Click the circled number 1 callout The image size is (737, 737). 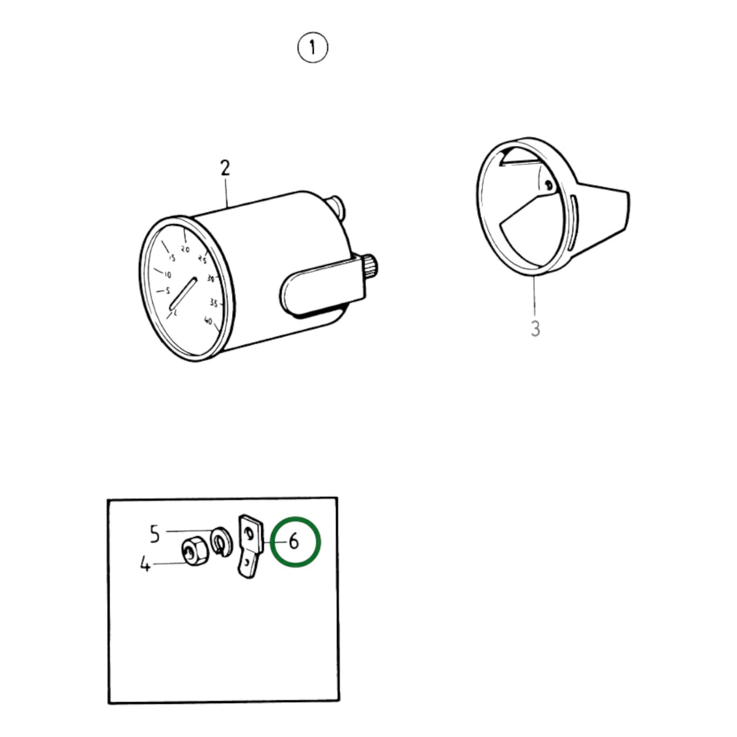pyautogui.click(x=313, y=47)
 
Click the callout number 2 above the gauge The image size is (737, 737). pyautogui.click(x=225, y=168)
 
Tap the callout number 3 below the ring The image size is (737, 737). pyautogui.click(x=535, y=328)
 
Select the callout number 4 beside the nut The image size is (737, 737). pyautogui.click(x=145, y=564)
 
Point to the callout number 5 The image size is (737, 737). pyautogui.click(x=155, y=534)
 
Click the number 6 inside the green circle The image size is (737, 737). pyautogui.click(x=294, y=542)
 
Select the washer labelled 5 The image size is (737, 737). pyautogui.click(x=221, y=542)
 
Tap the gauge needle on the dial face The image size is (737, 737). pyautogui.click(x=183, y=293)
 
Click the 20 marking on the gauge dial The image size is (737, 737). pyautogui.click(x=185, y=249)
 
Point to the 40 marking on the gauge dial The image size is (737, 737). pyautogui.click(x=208, y=321)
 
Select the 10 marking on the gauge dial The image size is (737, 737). pyautogui.click(x=167, y=275)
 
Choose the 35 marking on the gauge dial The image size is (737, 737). pyautogui.click(x=214, y=303)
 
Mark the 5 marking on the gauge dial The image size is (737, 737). pyautogui.click(x=167, y=291)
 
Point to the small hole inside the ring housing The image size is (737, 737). pyautogui.click(x=549, y=185)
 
